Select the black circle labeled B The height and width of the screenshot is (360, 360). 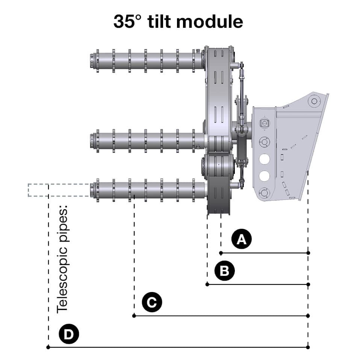(224, 271)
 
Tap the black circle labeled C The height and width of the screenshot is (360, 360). (152, 302)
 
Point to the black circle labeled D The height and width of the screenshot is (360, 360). (68, 334)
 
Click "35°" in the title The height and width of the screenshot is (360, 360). (127, 22)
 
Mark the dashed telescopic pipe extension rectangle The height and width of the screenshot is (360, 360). (58, 191)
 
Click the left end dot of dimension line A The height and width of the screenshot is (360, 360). (221, 253)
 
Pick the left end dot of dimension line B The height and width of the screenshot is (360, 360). (207, 284)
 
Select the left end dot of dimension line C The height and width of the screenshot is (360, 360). (134, 316)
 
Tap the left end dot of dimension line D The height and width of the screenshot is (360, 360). (48, 347)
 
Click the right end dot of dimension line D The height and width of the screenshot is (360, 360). (308, 347)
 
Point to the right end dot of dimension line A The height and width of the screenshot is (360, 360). (308, 253)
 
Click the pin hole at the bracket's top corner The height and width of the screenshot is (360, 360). (313, 101)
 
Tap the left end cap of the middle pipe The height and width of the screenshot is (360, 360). (92, 141)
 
